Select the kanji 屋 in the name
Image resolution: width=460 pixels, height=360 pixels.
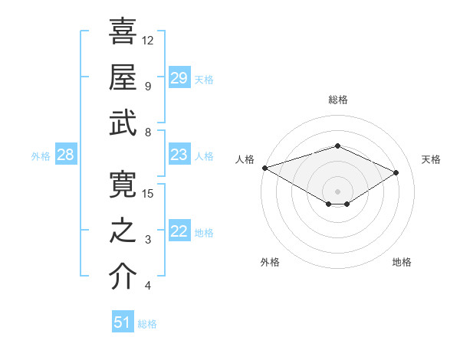pyautogui.click(x=123, y=77)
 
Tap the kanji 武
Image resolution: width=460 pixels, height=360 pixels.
pyautogui.click(x=123, y=123)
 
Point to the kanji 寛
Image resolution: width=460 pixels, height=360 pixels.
pyautogui.click(x=123, y=185)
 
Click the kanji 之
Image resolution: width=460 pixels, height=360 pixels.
pyautogui.click(x=123, y=232)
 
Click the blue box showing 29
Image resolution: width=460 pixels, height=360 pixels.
pyautogui.click(x=179, y=78)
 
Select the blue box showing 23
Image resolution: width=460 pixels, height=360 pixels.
pyautogui.click(x=179, y=155)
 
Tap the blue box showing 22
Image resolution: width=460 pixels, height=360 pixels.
pyautogui.click(x=179, y=232)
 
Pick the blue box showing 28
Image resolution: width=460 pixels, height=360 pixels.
pyautogui.click(x=66, y=155)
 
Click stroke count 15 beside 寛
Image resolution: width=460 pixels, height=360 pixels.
pyautogui.click(x=148, y=193)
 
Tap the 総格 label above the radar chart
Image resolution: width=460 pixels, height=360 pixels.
pyautogui.click(x=337, y=100)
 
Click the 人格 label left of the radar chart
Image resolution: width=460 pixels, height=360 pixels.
pyautogui.click(x=245, y=159)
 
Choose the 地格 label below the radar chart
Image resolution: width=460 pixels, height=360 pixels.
pyautogui.click(x=402, y=263)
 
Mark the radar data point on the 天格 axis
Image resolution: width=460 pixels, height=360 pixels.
pyautogui.click(x=396, y=173)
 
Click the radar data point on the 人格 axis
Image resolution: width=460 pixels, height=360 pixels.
pyautogui.click(x=264, y=168)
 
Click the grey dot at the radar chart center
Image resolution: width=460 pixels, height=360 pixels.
pyautogui.click(x=337, y=191)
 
